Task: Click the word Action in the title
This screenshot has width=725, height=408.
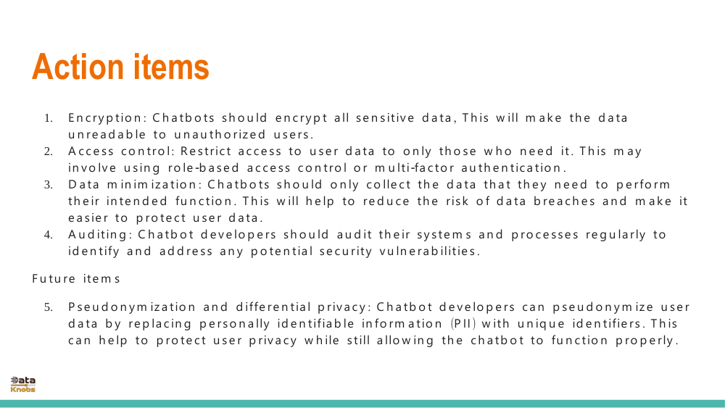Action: click(78, 67)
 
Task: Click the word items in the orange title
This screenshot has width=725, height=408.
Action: click(171, 67)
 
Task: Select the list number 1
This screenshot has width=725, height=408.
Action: click(48, 118)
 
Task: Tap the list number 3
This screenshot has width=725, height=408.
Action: click(48, 185)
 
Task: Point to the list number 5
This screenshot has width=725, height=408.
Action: click(48, 307)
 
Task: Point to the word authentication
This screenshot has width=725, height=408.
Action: click(510, 167)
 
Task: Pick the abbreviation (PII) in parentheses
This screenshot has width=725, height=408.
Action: click(463, 323)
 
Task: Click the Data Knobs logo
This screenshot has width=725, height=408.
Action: click(22, 384)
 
